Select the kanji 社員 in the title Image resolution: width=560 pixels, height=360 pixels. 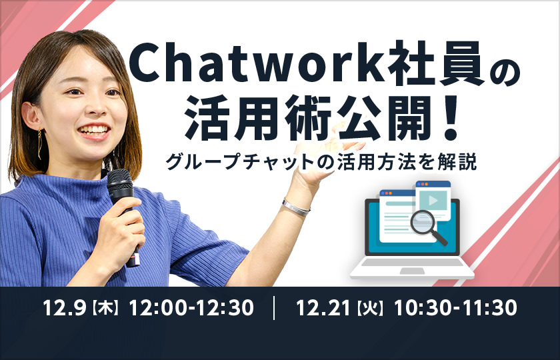435,63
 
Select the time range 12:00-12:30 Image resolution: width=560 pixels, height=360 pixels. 191,308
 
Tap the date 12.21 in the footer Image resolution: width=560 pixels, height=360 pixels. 323,308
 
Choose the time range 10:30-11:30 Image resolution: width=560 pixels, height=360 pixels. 456,308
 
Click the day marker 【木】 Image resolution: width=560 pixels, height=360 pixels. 106,309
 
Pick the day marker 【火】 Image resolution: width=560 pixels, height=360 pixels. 371,309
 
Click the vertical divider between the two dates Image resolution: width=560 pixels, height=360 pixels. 274,308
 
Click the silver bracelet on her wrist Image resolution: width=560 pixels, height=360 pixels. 296,207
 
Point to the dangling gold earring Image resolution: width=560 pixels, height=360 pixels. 39,144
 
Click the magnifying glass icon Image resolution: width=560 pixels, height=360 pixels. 427,227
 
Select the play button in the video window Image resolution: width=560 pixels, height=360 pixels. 433,201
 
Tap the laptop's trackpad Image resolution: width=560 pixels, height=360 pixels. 412,271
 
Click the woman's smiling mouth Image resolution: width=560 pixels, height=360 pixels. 94,131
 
